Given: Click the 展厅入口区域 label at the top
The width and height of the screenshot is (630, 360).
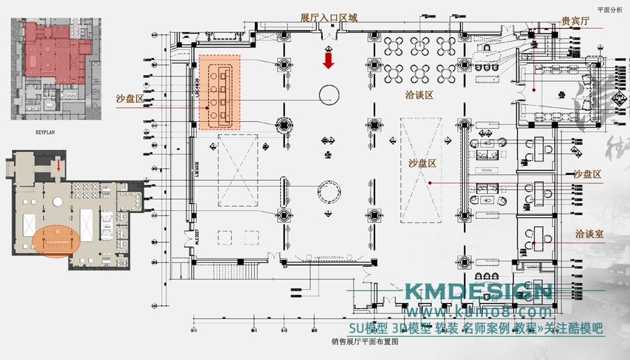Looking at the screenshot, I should [x=328, y=18].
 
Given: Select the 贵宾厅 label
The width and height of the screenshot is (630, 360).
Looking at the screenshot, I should [x=575, y=21].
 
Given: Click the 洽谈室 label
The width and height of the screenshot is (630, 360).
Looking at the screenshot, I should [x=589, y=234].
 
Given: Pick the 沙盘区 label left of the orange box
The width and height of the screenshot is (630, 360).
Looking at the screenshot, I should [x=130, y=99].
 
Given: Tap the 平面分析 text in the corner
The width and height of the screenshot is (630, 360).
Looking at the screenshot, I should [x=609, y=10].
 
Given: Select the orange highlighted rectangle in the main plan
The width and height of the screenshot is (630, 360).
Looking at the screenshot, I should [x=219, y=92].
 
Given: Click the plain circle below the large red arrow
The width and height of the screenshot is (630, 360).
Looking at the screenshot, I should [x=330, y=94].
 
